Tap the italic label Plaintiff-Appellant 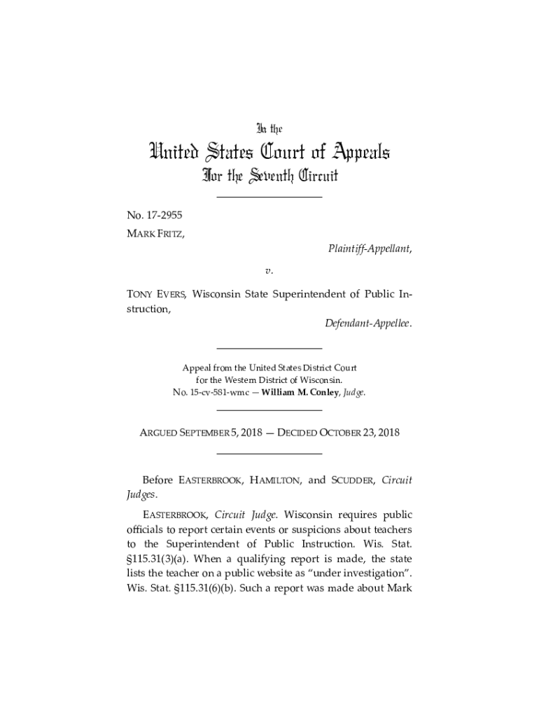[370, 250]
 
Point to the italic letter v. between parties [269, 269]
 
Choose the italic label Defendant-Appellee [368, 324]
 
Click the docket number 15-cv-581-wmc [221, 393]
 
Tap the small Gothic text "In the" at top [269, 129]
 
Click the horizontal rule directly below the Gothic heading [269, 197]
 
